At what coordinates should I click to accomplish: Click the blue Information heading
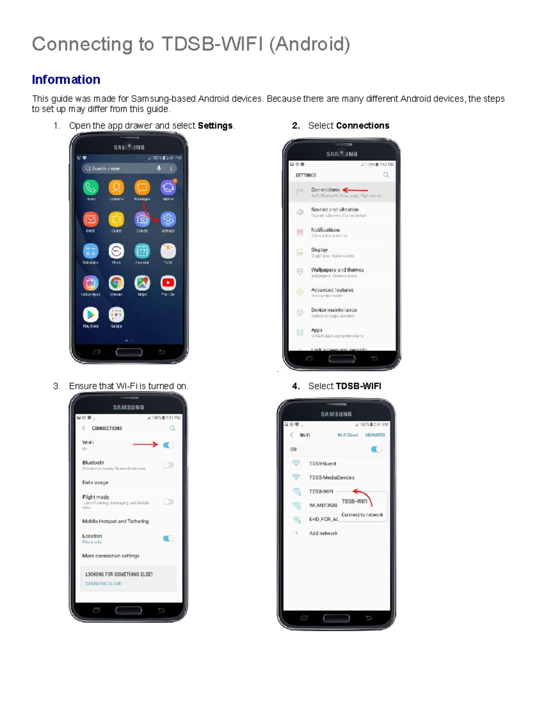66,80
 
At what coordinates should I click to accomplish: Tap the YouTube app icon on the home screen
168,283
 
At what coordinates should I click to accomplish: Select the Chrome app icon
117,283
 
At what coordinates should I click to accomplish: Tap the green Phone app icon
91,187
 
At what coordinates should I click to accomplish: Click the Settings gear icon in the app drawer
168,219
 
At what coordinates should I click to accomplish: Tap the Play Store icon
91,315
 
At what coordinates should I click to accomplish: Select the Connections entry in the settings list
325,190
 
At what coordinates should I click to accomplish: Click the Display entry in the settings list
320,250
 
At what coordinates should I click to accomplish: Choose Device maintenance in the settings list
334,311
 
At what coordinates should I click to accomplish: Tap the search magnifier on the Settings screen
386,175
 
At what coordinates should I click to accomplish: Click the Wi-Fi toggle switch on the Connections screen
168,445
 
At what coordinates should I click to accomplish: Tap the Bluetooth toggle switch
168,465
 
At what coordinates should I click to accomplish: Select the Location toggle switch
168,539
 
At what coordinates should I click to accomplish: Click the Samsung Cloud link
103,584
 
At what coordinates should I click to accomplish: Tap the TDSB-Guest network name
323,464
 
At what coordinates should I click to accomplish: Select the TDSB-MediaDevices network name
332,478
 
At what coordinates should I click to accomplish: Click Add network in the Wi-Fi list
323,534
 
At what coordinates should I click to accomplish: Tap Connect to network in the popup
362,515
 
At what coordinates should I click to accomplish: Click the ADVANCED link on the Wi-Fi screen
375,435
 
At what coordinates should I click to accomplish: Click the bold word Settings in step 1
215,126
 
